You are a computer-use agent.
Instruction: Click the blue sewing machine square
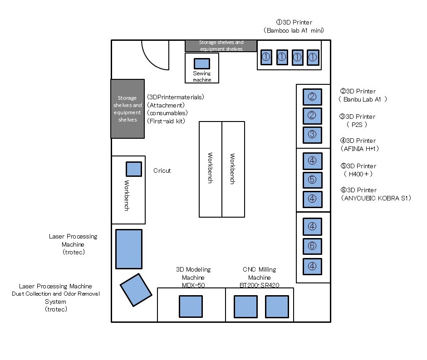click(202, 63)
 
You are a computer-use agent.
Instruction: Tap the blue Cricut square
click(133, 169)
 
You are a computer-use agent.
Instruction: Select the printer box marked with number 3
click(312, 135)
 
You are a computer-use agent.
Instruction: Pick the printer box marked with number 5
click(312, 180)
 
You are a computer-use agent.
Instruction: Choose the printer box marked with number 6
click(312, 246)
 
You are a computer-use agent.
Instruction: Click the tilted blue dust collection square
click(136, 290)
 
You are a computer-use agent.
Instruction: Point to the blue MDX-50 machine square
click(190, 306)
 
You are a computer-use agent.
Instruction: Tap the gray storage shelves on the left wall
click(128, 109)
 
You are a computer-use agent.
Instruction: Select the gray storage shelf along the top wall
click(221, 45)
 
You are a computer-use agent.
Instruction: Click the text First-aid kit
click(166, 121)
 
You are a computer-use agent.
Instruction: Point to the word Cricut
click(162, 171)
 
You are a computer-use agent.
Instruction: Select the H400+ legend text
click(358, 174)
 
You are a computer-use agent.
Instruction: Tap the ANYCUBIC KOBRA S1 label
click(375, 198)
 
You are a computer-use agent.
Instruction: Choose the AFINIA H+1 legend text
click(359, 149)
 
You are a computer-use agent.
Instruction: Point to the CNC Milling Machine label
click(259, 273)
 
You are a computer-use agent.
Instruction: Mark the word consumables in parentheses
click(167, 113)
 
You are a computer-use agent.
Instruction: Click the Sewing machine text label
click(202, 77)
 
